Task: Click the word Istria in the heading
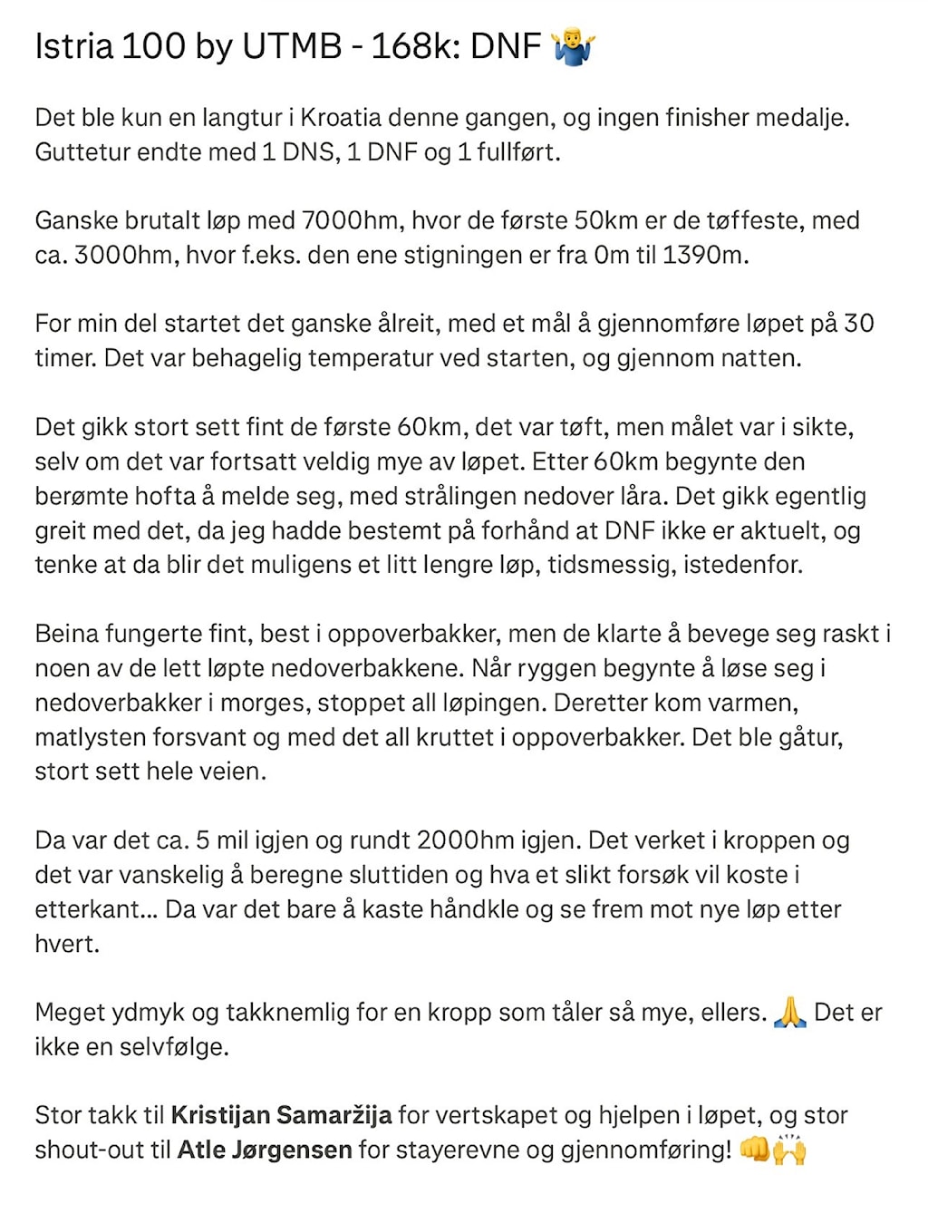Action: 74,46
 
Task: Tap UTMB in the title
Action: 292,46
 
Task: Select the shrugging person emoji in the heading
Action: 573,45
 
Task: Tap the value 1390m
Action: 704,255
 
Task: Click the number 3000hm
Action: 123,255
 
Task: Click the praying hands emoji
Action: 790,1012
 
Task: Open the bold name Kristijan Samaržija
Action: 281,1115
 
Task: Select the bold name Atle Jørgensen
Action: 265,1150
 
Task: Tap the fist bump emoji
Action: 754,1149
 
